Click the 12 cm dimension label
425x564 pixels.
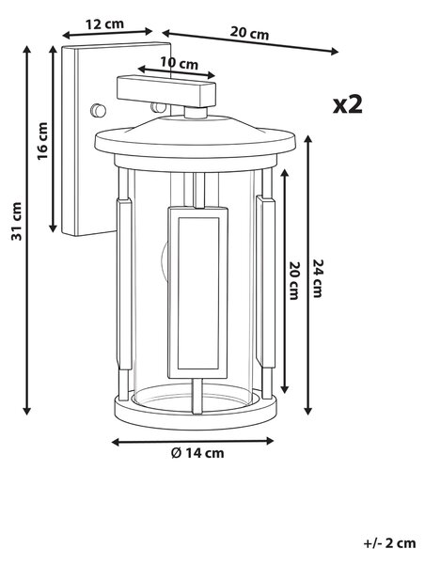point(104,24)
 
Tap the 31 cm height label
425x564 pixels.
point(16,222)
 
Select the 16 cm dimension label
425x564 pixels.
point(42,141)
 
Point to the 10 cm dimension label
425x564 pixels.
point(179,64)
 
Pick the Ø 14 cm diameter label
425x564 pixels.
point(197,453)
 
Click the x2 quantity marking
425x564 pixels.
point(348,104)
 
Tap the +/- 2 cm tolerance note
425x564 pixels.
point(389,542)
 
